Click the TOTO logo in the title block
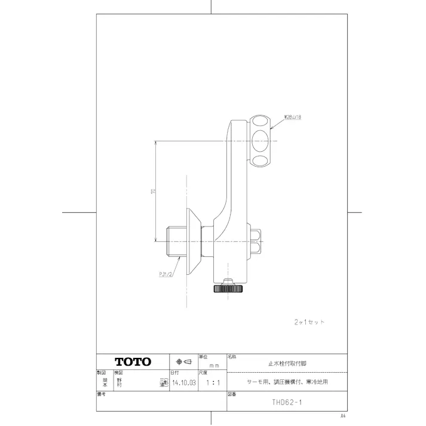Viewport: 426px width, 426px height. pos(133,362)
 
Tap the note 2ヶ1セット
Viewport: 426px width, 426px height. pos(309,321)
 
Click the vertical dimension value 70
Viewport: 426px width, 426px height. pos(154,191)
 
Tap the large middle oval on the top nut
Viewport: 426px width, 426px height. pos(260,141)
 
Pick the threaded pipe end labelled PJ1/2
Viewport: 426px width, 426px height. pos(173,240)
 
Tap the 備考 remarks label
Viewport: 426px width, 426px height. pos(102,394)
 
